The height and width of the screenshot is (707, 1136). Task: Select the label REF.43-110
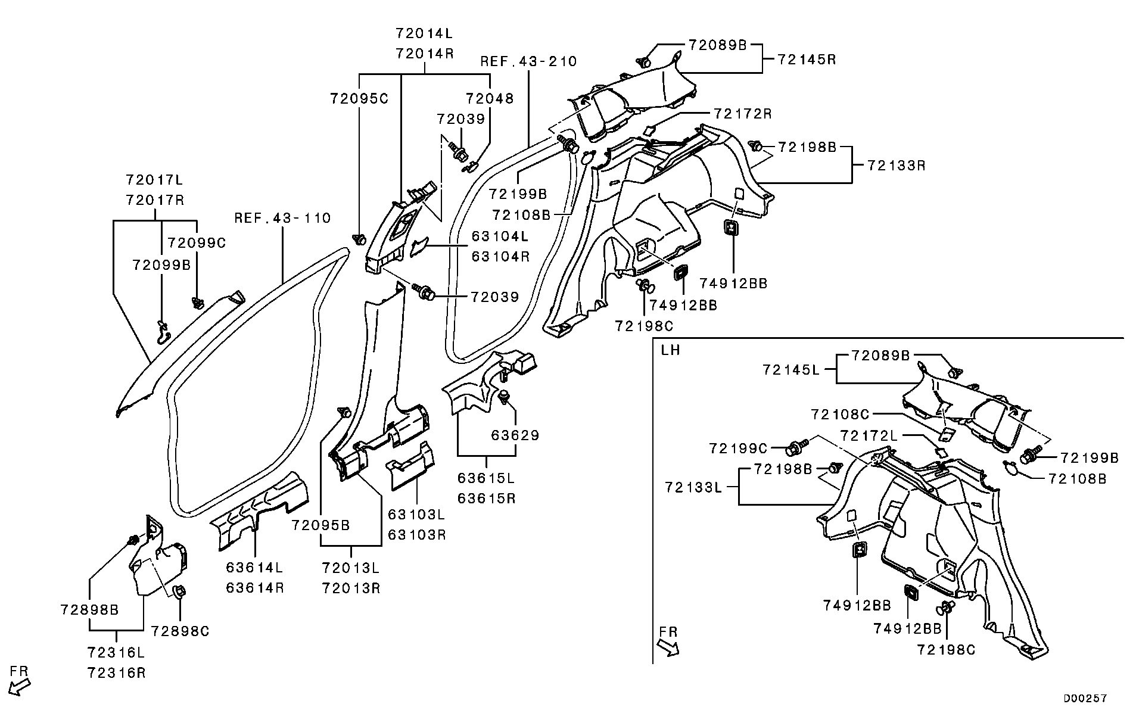click(282, 218)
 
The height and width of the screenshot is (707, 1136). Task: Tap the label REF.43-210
click(529, 61)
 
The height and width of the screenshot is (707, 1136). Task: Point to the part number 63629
click(515, 435)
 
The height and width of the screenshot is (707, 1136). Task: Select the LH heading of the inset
click(671, 350)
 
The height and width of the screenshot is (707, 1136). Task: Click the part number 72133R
click(896, 166)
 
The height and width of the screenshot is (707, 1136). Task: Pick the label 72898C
click(180, 631)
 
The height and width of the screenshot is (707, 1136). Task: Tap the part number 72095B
click(320, 525)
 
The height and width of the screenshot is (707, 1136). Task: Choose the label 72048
click(490, 98)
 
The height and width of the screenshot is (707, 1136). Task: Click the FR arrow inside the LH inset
click(669, 641)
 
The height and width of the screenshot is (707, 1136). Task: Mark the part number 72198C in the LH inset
click(946, 650)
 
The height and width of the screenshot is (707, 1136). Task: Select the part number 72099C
click(197, 243)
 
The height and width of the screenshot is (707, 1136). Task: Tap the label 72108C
click(840, 414)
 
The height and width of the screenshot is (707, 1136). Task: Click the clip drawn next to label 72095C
click(359, 240)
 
